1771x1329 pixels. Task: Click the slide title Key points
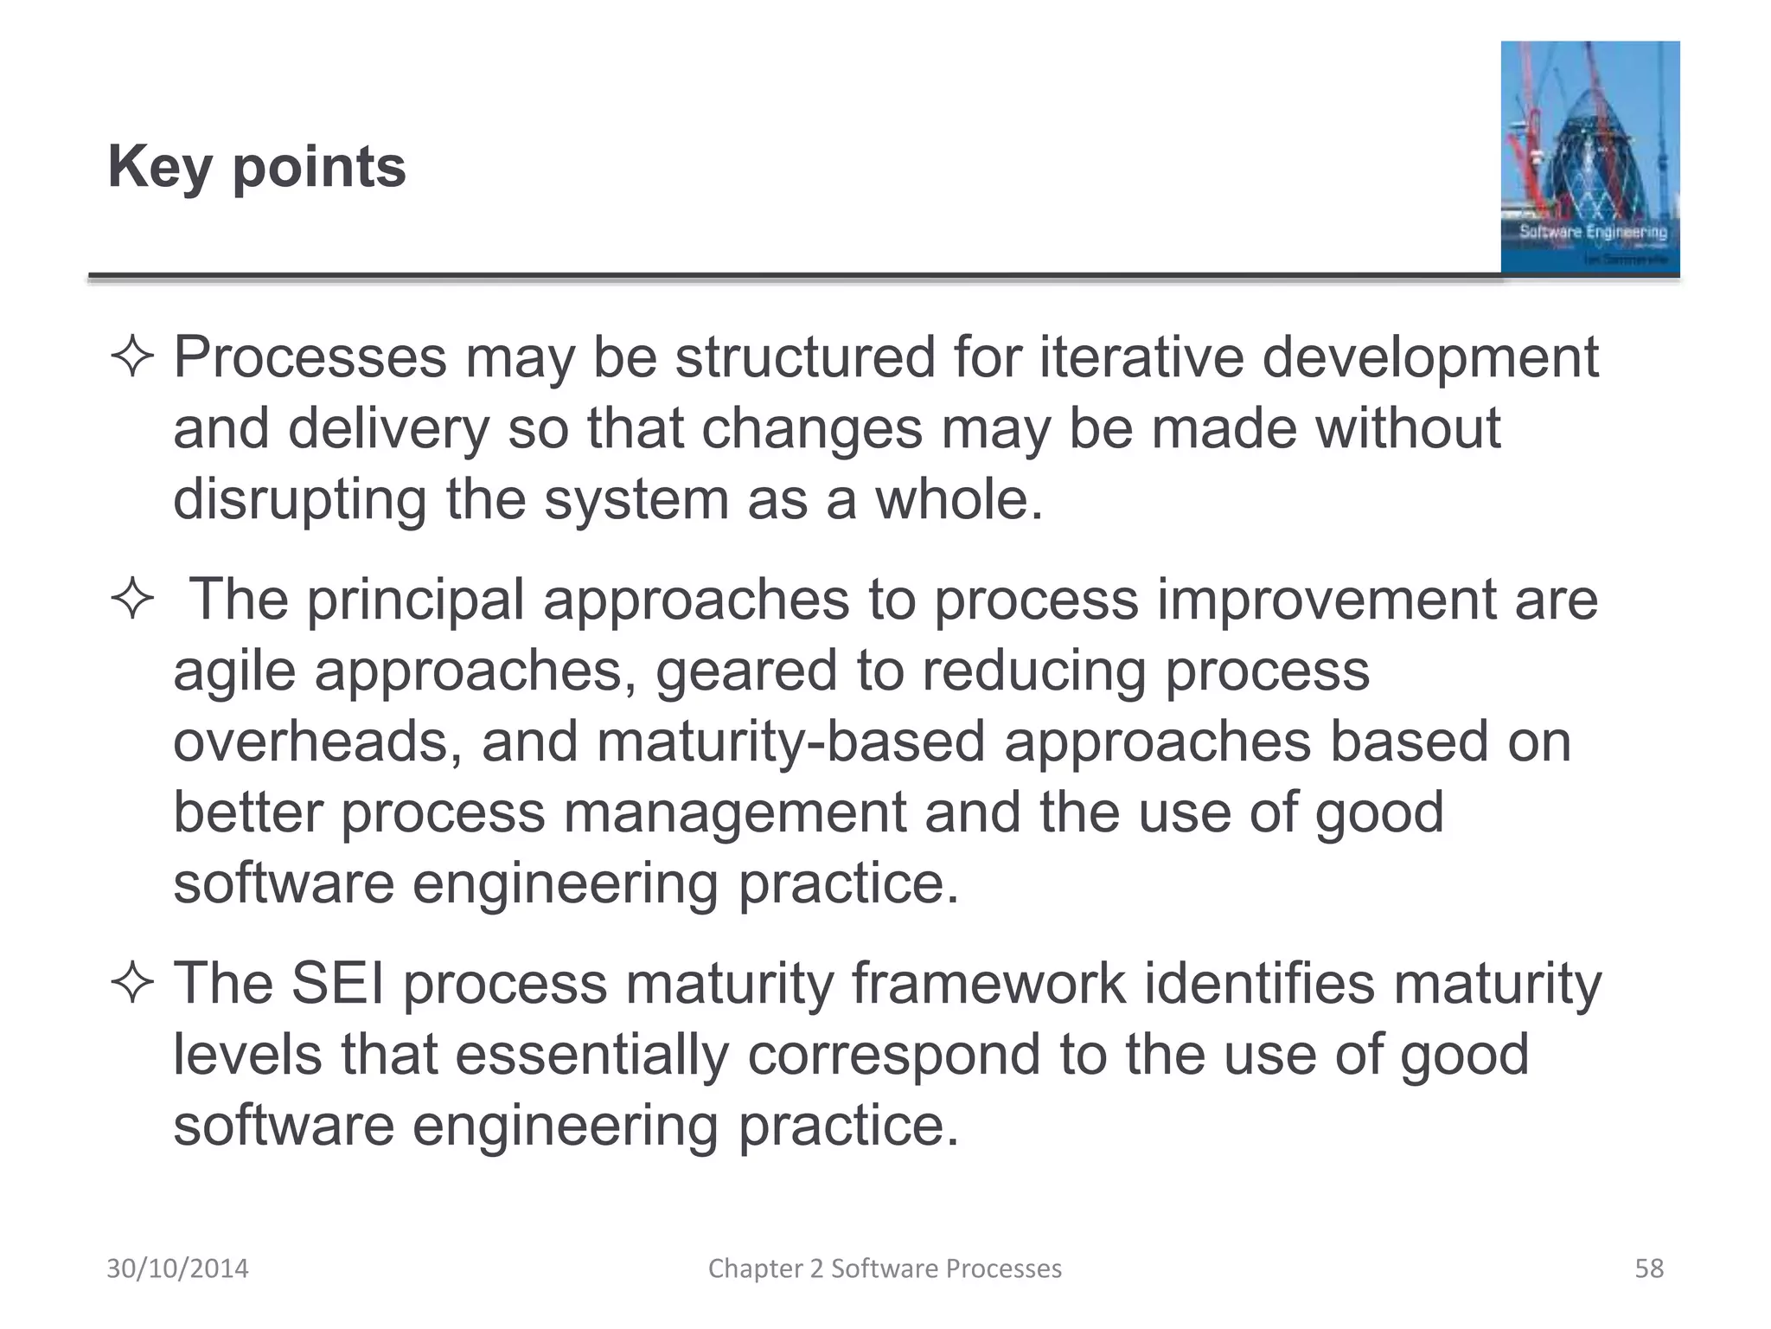tap(257, 167)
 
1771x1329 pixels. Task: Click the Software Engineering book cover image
tap(1589, 157)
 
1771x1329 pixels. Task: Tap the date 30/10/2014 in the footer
tap(177, 1268)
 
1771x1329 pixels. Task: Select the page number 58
tap(1648, 1268)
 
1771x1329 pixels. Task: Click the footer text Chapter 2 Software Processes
tap(885, 1268)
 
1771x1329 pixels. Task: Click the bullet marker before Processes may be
tap(132, 358)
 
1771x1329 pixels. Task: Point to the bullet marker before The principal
tap(132, 600)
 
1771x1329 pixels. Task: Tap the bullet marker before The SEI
tap(132, 985)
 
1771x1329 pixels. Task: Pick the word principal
tap(416, 600)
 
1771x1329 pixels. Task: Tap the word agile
tap(234, 672)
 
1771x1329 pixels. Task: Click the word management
tap(735, 813)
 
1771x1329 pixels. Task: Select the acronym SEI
tap(337, 984)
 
